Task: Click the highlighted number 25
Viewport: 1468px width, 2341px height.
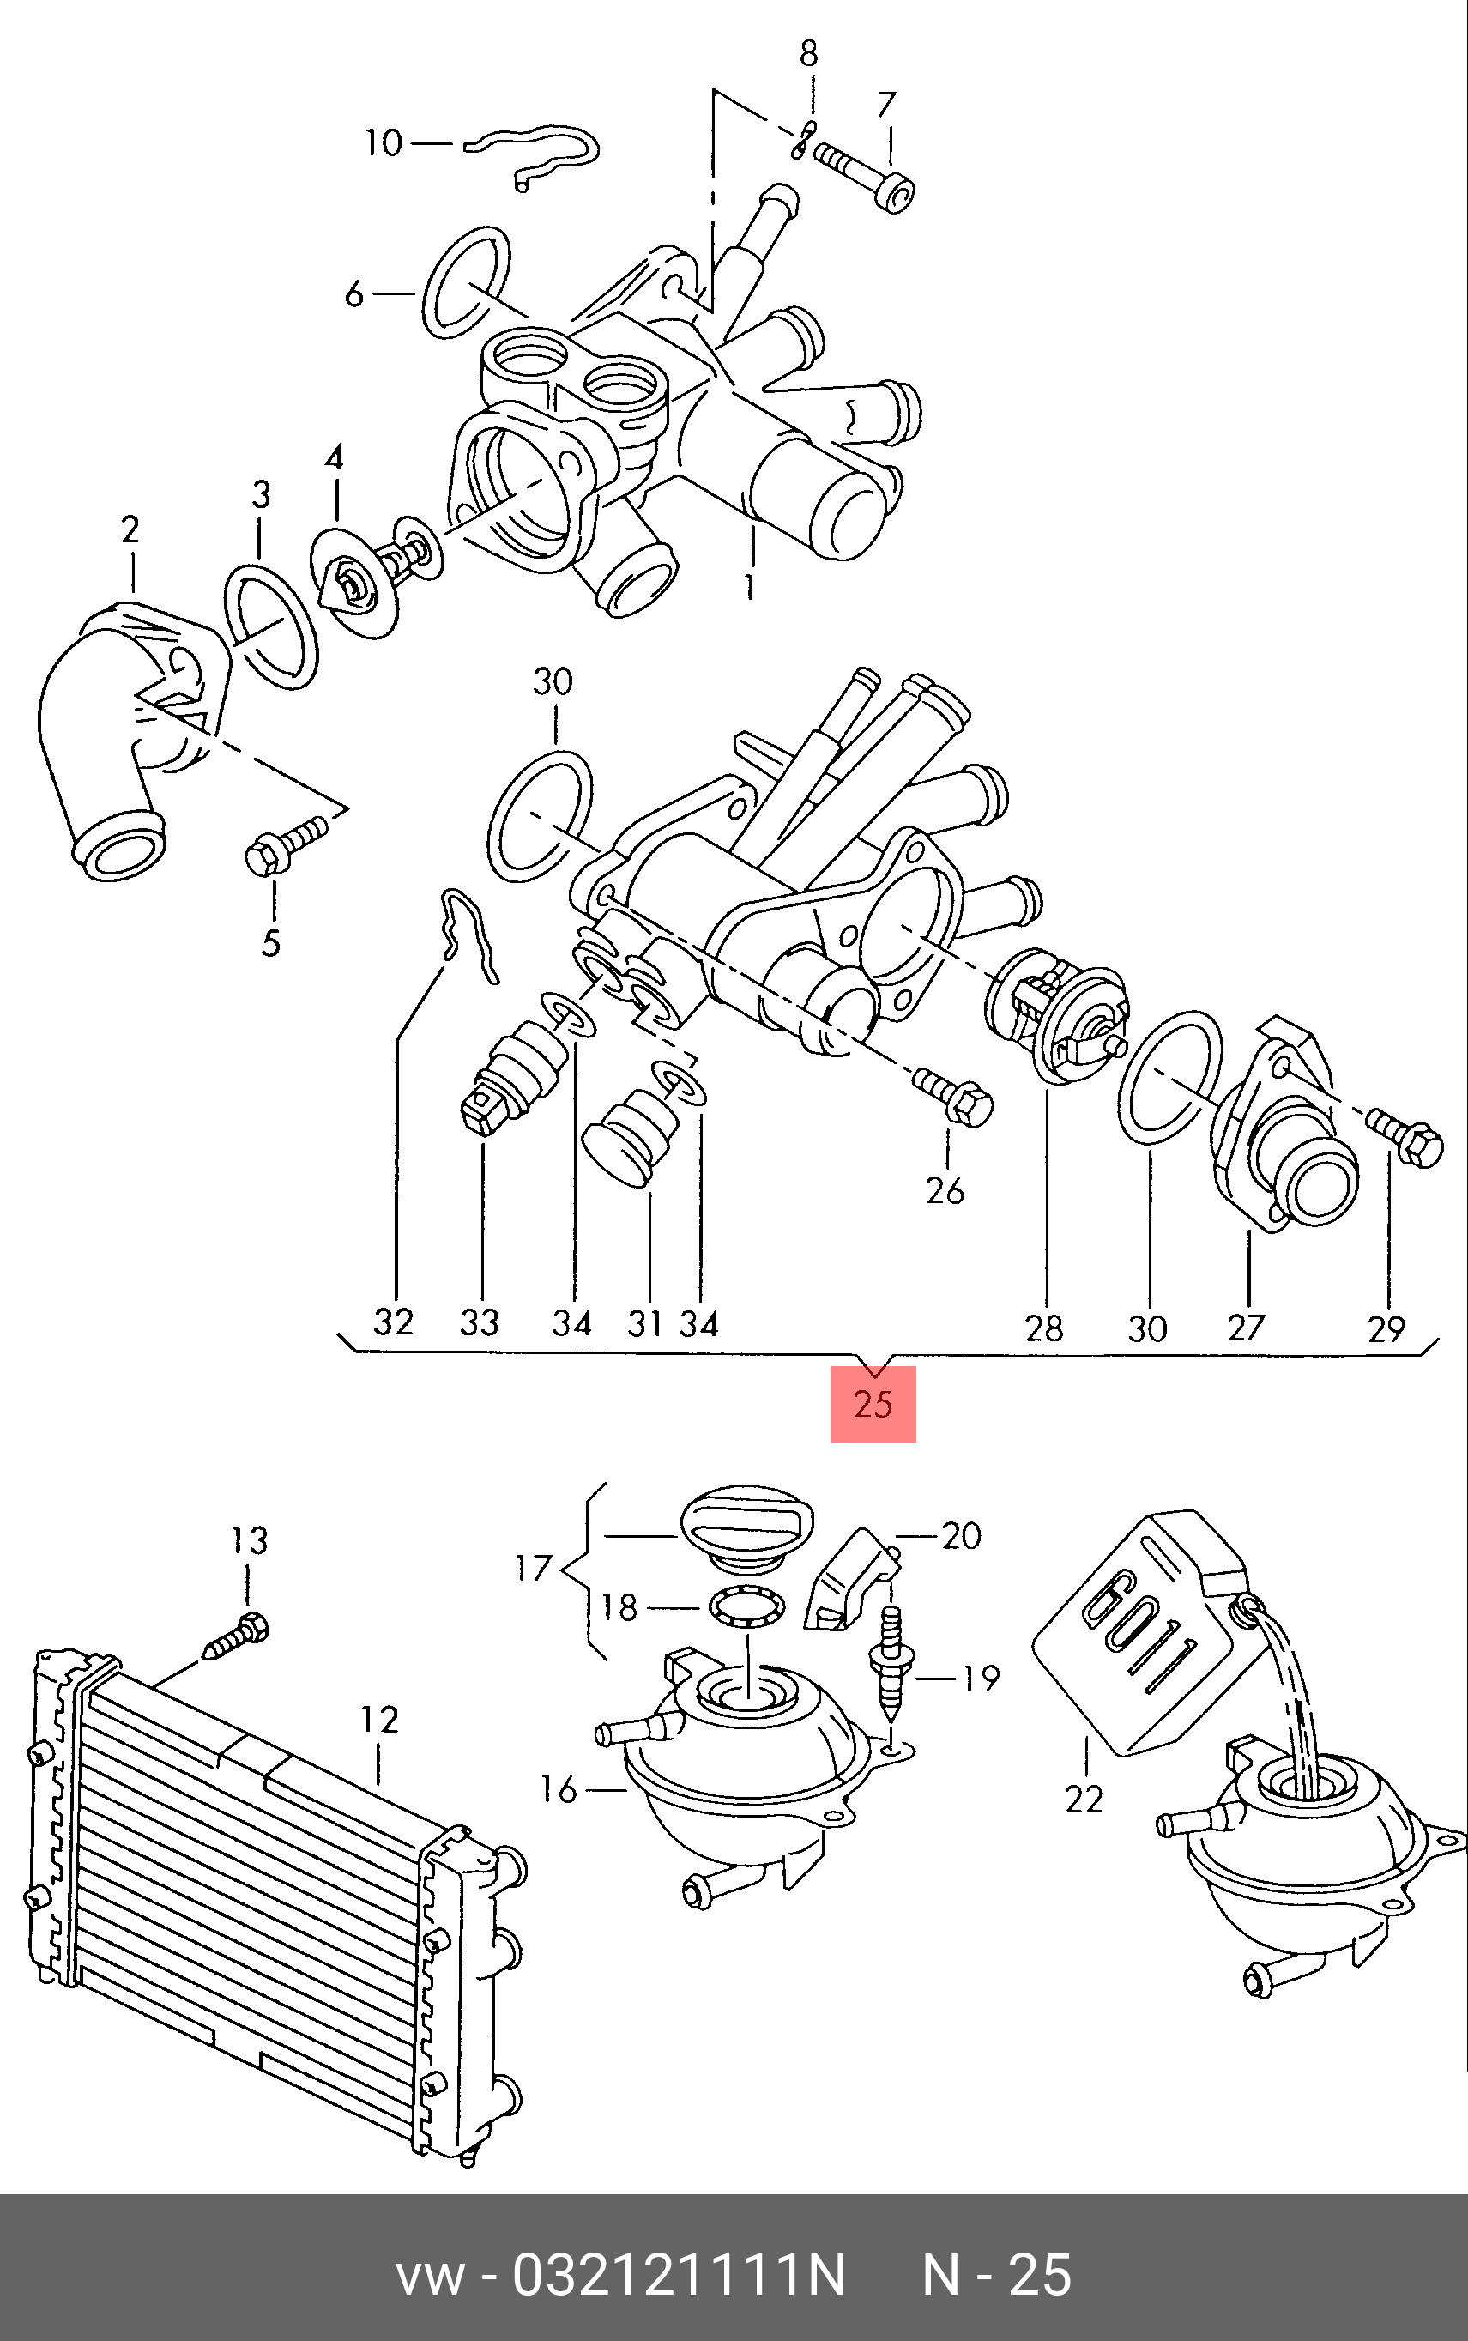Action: (x=873, y=1404)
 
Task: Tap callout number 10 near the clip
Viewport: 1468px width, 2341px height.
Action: (x=383, y=143)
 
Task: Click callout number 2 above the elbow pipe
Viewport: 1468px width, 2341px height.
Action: (x=130, y=529)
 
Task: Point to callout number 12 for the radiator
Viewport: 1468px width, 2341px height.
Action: (x=379, y=1720)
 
